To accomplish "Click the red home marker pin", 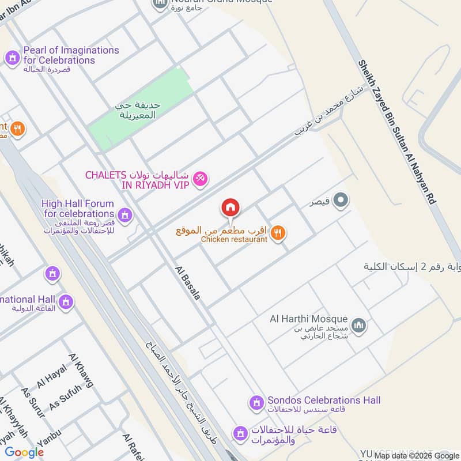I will (231, 207).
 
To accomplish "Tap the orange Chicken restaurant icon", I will (278, 232).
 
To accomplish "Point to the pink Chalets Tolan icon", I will (201, 179).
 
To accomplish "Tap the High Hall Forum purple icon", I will (125, 216).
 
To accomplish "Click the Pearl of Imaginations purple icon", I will (12, 57).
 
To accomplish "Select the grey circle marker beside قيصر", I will (341, 201).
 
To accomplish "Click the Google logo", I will (24, 452).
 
